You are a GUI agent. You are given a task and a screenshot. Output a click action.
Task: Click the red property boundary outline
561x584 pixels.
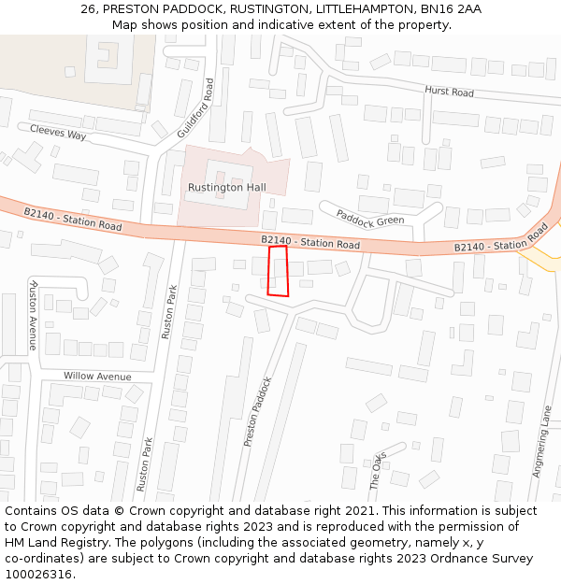tap(278, 271)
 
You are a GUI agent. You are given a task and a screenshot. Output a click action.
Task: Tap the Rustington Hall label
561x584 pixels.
tap(226, 188)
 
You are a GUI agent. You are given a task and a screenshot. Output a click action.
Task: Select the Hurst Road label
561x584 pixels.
tap(449, 92)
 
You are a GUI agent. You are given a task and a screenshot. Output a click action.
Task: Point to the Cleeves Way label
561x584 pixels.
tap(58, 133)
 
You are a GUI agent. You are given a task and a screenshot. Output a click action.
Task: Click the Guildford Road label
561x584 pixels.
tap(195, 107)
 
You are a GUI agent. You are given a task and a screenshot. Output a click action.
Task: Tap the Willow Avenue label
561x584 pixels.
tap(97, 376)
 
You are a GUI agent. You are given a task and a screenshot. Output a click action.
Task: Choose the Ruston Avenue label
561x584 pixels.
tap(34, 315)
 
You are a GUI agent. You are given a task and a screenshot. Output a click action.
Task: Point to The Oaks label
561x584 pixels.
tap(377, 470)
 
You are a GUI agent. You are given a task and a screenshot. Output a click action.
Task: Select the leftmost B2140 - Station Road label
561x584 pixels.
tap(73, 220)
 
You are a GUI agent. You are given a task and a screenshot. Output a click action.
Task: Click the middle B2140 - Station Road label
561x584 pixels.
tap(310, 243)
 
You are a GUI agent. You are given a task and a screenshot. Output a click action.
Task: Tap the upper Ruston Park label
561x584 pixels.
tap(167, 311)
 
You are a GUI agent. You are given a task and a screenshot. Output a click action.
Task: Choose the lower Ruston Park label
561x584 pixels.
tap(144, 464)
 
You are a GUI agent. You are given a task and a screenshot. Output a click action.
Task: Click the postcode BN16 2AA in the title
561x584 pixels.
tap(452, 8)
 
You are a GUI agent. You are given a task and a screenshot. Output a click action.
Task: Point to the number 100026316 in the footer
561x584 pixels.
tap(38, 575)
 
